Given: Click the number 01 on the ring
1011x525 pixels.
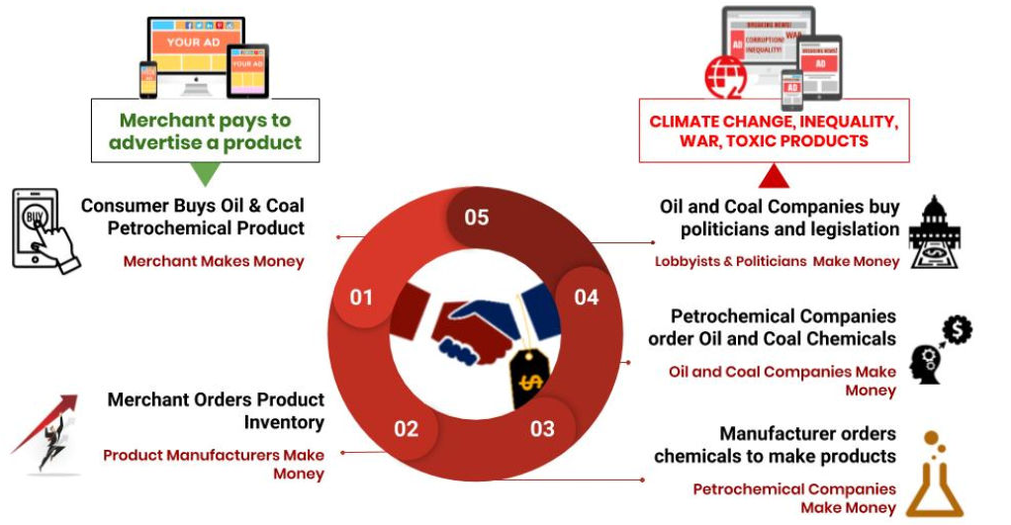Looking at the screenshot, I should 361,296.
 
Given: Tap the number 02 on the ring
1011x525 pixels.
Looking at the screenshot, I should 406,429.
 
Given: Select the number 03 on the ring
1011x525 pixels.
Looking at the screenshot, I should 542,428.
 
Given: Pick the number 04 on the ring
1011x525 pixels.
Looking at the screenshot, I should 587,297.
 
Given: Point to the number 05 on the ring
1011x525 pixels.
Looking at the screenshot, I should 477,216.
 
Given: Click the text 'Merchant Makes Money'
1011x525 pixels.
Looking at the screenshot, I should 214,261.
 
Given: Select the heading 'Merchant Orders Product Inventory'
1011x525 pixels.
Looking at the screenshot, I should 216,411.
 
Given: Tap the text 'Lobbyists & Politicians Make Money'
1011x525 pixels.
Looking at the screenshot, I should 777,261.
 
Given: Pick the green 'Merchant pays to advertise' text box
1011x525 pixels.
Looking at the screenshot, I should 205,131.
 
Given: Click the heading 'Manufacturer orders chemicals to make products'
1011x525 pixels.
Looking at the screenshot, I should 775,445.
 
